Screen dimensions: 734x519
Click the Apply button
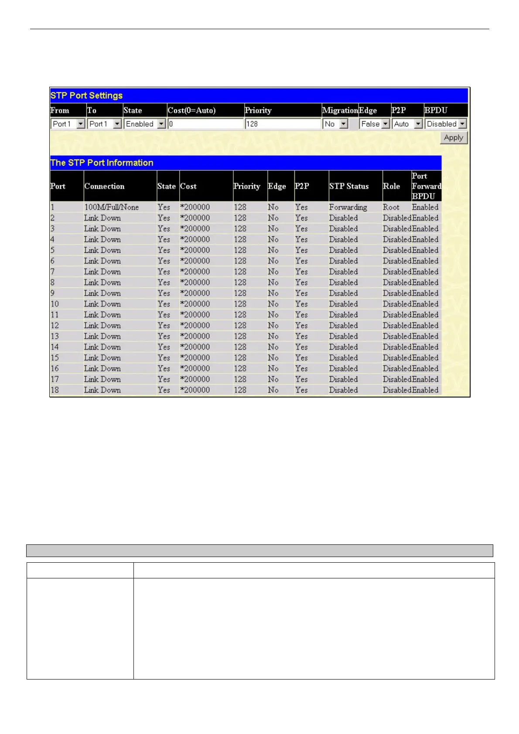[x=454, y=138]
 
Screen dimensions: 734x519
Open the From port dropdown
[x=68, y=124]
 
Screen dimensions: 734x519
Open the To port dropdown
[x=104, y=124]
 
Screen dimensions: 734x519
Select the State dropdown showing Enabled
[x=145, y=124]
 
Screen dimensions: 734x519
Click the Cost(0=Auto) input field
[x=205, y=124]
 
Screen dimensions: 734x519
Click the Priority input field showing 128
[x=283, y=124]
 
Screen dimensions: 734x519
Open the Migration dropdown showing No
[x=335, y=124]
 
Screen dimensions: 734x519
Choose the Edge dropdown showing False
[x=374, y=124]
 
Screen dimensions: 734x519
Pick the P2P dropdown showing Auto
[x=407, y=124]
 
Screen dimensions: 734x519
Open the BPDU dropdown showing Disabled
[x=446, y=124]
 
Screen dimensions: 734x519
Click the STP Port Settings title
[x=86, y=95]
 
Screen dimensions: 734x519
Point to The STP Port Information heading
[x=102, y=163]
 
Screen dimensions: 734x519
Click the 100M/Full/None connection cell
[x=111, y=207]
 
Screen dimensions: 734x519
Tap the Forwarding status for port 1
[x=348, y=207]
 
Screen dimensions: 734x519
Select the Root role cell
[x=391, y=207]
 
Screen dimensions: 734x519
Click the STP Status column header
[x=348, y=186]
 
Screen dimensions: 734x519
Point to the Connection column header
[x=104, y=186]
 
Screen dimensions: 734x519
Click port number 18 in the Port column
[x=55, y=390]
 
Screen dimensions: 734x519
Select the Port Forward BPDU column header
[x=426, y=186]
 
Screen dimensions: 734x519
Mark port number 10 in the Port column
[x=55, y=304]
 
